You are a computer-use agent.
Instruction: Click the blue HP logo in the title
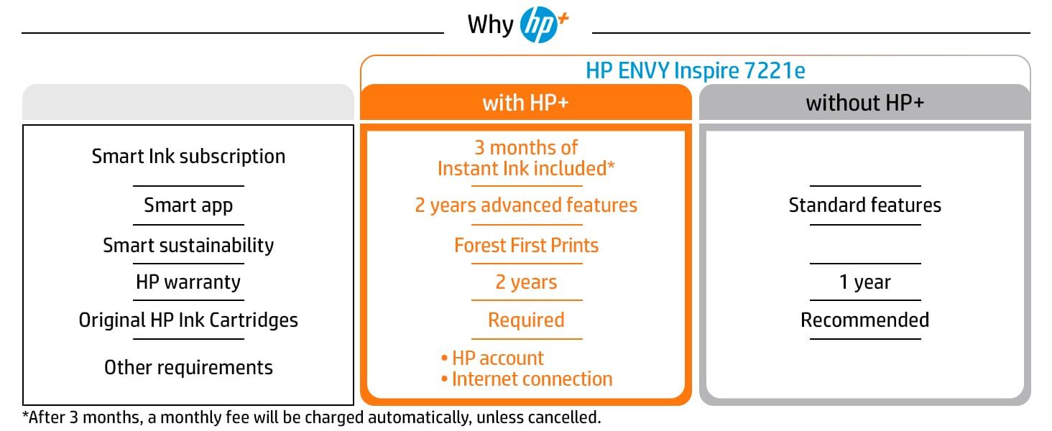point(539,25)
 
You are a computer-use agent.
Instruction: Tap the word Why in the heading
point(490,24)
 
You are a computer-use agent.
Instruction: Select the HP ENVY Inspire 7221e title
point(695,71)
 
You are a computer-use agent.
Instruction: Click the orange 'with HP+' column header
point(525,102)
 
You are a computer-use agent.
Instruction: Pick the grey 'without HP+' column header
point(864,102)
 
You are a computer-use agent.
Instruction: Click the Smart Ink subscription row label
point(188,157)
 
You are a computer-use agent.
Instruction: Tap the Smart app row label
point(188,205)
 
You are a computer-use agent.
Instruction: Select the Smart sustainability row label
point(188,246)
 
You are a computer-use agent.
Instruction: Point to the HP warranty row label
point(188,282)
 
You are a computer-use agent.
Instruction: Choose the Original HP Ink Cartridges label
point(188,320)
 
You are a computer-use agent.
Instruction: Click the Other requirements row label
point(188,368)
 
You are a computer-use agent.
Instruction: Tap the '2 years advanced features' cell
point(526,205)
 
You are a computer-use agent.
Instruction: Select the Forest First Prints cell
point(527,246)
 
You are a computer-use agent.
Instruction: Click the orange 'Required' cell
point(526,320)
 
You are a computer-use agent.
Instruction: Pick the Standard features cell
point(865,205)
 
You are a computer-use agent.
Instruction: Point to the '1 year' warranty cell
point(865,282)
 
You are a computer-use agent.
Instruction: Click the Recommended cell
point(865,320)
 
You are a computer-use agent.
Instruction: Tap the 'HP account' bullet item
point(493,358)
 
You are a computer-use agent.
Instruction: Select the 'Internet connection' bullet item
point(527,379)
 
